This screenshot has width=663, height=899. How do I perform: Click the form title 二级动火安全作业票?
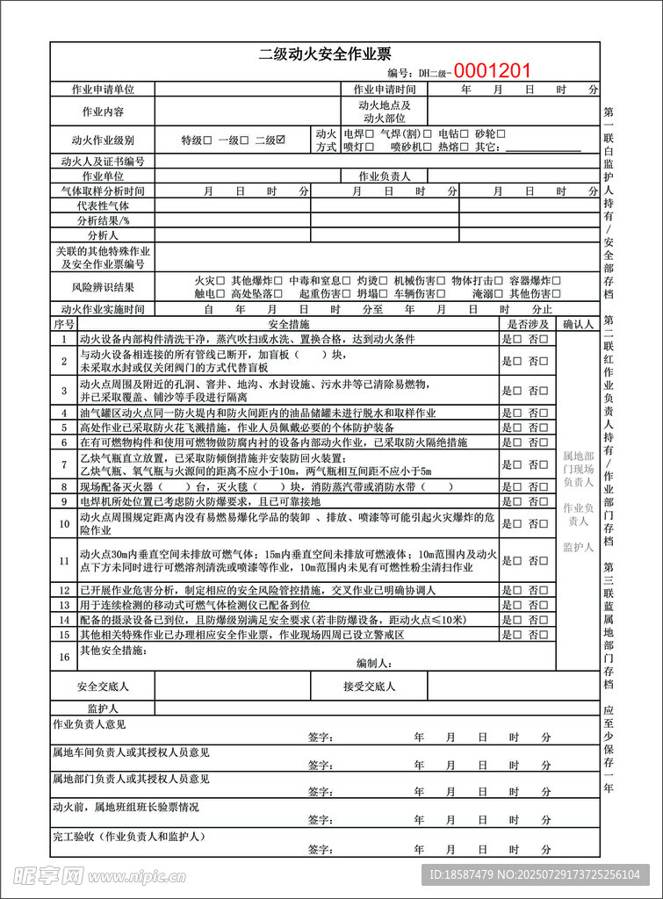pyautogui.click(x=324, y=54)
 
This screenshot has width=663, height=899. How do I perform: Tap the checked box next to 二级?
pyautogui.click(x=281, y=140)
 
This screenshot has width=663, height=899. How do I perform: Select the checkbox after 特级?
pyautogui.click(x=208, y=140)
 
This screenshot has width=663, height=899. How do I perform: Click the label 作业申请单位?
pyautogui.click(x=103, y=90)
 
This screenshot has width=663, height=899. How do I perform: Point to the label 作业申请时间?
pyautogui.click(x=384, y=90)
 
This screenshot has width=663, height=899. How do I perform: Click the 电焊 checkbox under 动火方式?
pyautogui.click(x=369, y=134)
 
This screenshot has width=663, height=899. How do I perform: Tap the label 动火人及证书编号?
pyautogui.click(x=103, y=162)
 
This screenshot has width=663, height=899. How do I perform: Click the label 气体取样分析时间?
pyautogui.click(x=103, y=191)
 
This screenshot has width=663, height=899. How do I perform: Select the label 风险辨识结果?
pyautogui.click(x=103, y=287)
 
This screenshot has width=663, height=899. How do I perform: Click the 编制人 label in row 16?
pyautogui.click(x=373, y=664)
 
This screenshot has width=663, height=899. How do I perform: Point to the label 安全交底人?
pyautogui.click(x=103, y=687)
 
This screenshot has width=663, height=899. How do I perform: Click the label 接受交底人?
pyautogui.click(x=369, y=687)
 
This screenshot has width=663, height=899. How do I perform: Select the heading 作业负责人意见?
pyautogui.click(x=90, y=725)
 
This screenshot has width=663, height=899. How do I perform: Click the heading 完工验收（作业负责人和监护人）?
pyautogui.click(x=128, y=837)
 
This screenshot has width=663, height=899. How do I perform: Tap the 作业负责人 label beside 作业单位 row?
pyautogui.click(x=384, y=176)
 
